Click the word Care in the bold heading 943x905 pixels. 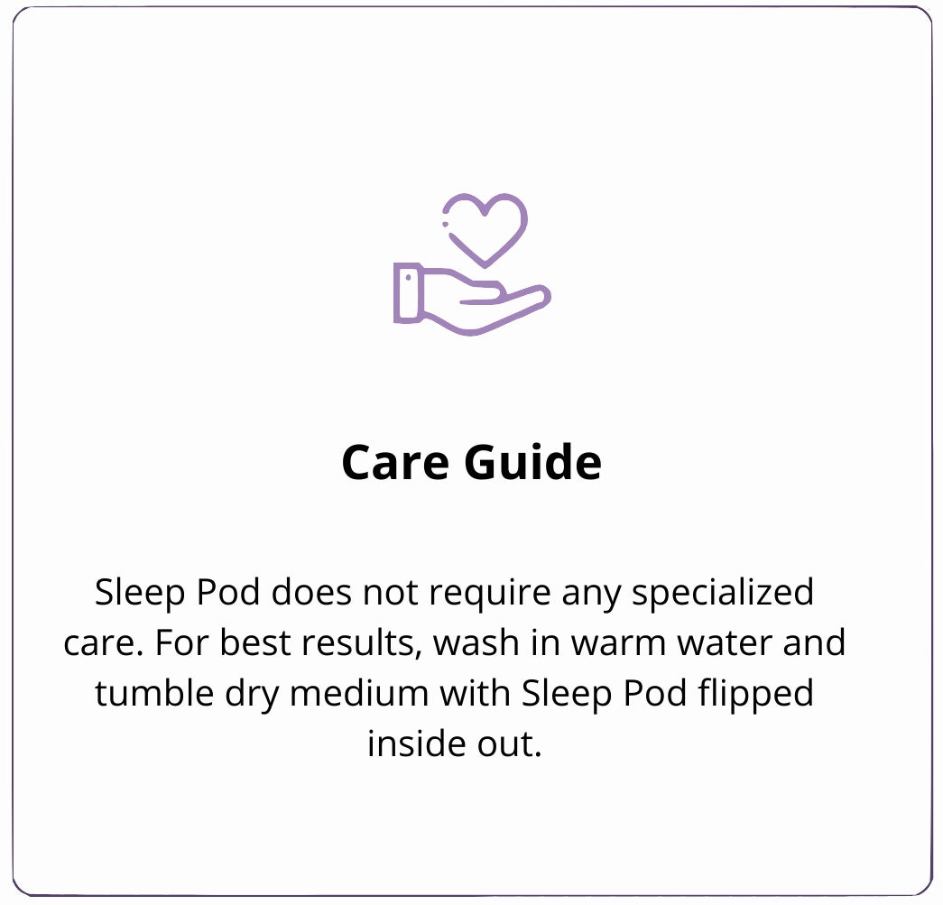coord(395,462)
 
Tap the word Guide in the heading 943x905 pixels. coord(532,462)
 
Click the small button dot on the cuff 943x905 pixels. coord(409,278)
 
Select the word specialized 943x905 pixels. coord(723,593)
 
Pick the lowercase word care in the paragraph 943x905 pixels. coord(98,644)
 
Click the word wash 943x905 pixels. coord(476,642)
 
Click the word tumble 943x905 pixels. coord(154,693)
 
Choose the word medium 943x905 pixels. coord(359,693)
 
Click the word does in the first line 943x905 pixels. coord(311,592)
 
